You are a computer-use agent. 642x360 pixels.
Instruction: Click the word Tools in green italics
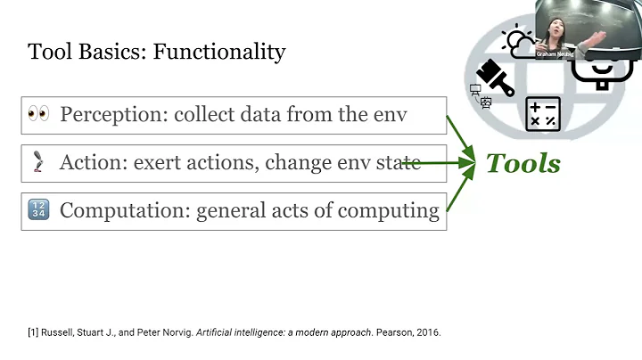tap(523, 163)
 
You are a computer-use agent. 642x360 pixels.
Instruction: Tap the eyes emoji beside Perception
tap(38, 114)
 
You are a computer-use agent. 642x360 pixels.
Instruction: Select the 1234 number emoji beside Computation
tap(38, 211)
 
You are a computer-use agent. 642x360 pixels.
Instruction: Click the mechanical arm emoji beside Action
tap(38, 163)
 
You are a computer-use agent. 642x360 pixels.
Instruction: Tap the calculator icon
tap(543, 114)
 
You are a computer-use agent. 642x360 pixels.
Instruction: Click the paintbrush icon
tap(496, 78)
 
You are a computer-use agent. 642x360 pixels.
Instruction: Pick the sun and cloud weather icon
tap(519, 41)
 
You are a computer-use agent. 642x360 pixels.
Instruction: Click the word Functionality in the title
tap(219, 52)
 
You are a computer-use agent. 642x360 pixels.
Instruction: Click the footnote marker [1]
tap(34, 332)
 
